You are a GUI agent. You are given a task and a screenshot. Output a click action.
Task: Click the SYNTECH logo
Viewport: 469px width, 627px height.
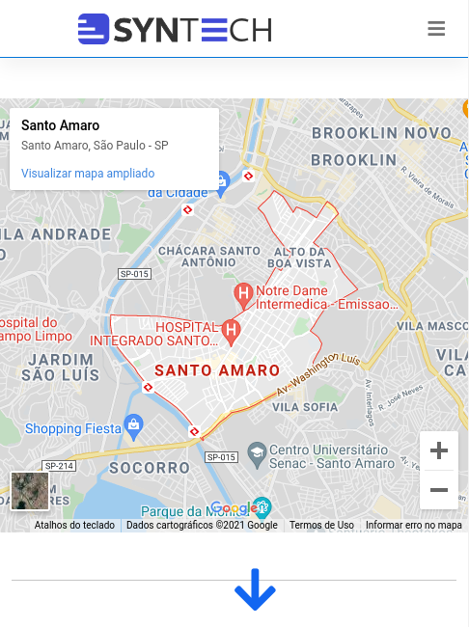175,30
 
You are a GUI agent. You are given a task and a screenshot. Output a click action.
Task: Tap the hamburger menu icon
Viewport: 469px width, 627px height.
436,29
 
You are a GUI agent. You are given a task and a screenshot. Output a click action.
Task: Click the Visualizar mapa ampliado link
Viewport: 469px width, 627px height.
88,174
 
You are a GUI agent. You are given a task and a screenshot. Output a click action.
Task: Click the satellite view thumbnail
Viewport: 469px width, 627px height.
30,491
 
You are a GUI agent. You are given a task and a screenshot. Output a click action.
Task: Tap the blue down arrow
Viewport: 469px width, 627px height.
255,589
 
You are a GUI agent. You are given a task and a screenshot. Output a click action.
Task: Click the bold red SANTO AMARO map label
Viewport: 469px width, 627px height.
217,370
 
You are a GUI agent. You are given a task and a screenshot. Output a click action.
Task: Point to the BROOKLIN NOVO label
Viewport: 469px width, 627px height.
381,133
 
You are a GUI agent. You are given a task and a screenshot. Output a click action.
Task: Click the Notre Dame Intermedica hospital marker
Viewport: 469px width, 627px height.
244,291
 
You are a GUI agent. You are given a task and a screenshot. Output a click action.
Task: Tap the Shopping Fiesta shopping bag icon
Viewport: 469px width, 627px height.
134,424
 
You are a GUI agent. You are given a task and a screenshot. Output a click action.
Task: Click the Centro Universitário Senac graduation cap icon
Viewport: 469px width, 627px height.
256,451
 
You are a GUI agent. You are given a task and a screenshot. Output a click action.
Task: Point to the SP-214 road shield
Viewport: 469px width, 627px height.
59,466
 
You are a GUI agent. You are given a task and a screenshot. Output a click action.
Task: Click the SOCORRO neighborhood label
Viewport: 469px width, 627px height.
142,468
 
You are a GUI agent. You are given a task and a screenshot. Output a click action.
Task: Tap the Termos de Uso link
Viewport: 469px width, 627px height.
321,526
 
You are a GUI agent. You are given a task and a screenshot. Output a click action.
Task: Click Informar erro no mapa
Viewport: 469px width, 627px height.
413,526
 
